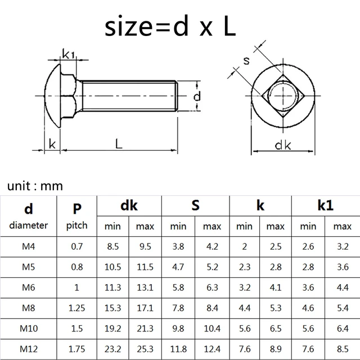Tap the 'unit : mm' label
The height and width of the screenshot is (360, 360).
tap(35, 186)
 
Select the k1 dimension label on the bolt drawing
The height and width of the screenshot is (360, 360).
tap(68, 54)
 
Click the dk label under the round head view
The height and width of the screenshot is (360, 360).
tap(283, 145)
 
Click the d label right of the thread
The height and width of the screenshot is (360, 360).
tap(197, 97)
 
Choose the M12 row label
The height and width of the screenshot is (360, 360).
tap(29, 348)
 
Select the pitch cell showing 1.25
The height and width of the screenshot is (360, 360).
tap(77, 307)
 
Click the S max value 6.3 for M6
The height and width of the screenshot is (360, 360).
tap(212, 286)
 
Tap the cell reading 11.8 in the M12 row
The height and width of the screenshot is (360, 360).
tap(179, 348)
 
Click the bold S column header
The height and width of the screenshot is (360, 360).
tap(195, 205)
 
